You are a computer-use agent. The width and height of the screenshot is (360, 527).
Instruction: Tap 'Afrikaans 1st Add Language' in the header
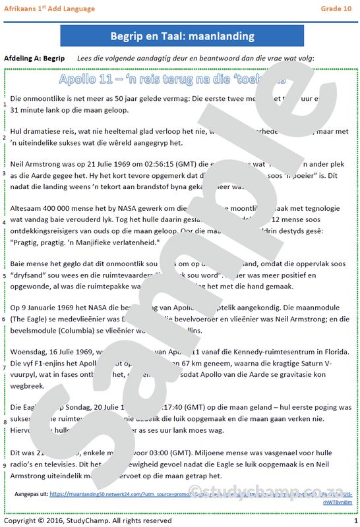pos(49,9)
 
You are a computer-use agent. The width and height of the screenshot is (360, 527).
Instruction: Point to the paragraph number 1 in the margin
pos(5,104)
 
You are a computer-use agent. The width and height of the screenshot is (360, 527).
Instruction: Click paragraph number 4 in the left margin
pos(5,222)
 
